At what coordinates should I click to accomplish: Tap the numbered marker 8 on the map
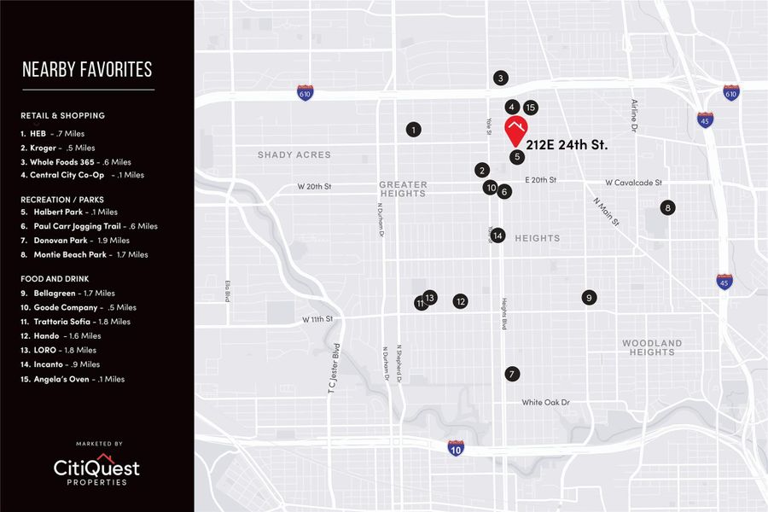[668, 207]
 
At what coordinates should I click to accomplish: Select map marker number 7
[511, 374]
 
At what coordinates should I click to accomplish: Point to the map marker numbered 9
[589, 297]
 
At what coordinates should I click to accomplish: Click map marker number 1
[414, 130]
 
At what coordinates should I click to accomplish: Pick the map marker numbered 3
[501, 79]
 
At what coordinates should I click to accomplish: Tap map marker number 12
[461, 301]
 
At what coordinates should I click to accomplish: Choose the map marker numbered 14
[498, 236]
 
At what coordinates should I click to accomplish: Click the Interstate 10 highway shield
[456, 447]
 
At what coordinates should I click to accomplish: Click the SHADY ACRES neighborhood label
[294, 155]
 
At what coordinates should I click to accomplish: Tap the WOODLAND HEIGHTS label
[652, 347]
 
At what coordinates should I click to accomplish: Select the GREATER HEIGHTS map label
[403, 189]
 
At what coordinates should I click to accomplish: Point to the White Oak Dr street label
[545, 402]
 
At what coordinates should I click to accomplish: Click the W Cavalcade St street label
[633, 183]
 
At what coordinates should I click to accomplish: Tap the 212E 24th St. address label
[567, 145]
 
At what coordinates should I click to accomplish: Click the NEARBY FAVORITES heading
[87, 69]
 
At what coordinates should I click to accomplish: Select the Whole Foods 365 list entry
[76, 161]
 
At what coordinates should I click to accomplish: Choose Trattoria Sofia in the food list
[75, 322]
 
